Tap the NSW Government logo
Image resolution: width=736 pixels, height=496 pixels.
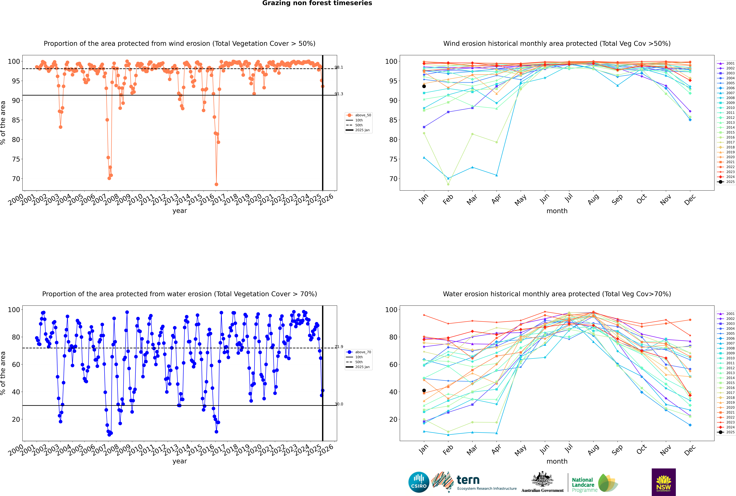[x=664, y=482]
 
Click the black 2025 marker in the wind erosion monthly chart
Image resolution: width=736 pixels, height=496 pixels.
[x=424, y=86]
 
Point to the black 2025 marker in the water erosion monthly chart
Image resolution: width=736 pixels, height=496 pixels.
[x=424, y=390]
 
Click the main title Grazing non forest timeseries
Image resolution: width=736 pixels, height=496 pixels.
[x=317, y=3]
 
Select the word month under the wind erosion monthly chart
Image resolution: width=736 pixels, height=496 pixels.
[x=557, y=211]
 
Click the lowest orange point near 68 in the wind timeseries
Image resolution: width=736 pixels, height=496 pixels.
[x=216, y=184]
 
